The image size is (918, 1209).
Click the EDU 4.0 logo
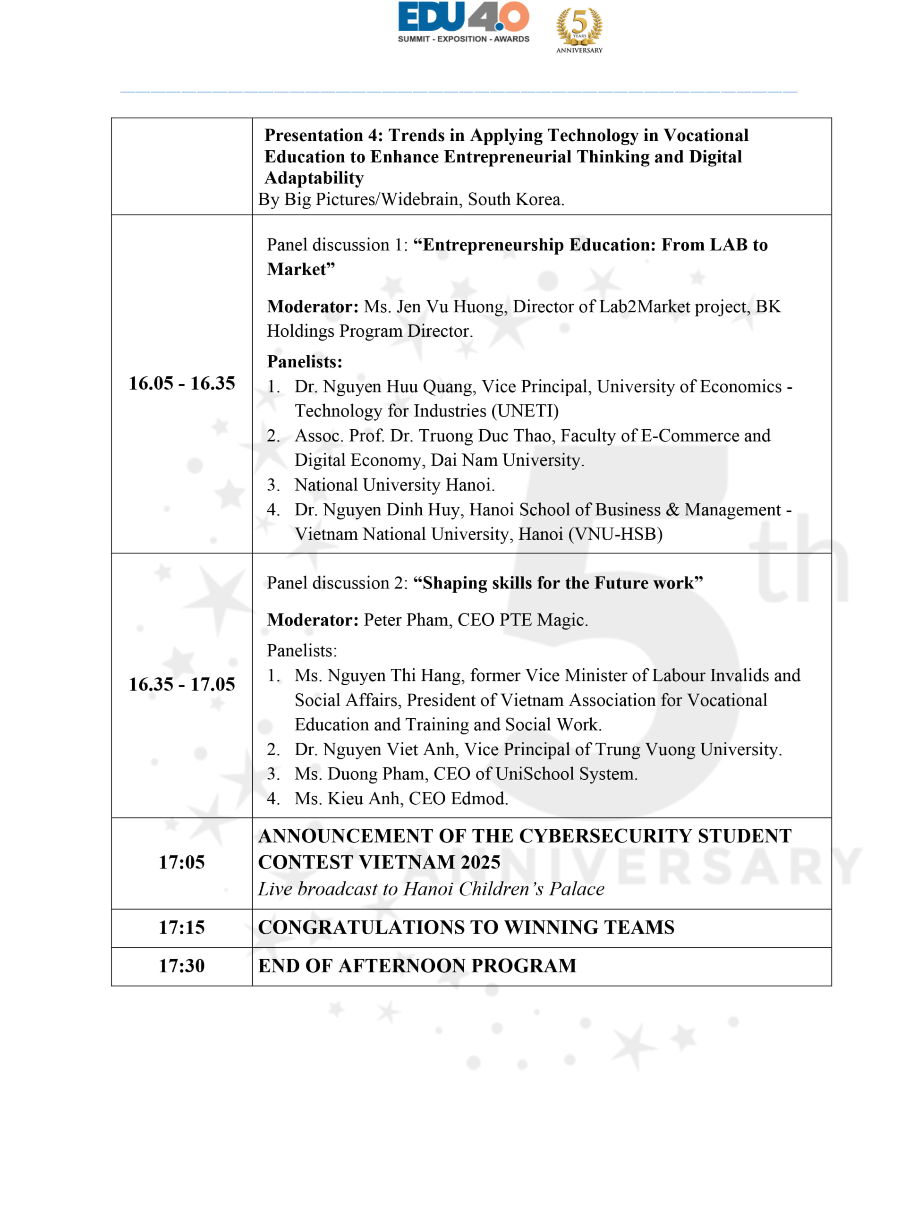pyautogui.click(x=463, y=22)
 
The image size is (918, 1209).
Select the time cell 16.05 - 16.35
pyautogui.click(x=181, y=383)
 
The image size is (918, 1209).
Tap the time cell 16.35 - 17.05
pyautogui.click(x=181, y=684)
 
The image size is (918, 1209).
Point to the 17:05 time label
pyautogui.click(x=181, y=862)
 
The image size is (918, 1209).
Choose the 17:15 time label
pyautogui.click(x=181, y=928)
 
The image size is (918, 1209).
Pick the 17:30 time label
pyautogui.click(x=181, y=966)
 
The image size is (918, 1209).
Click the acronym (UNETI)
pyautogui.click(x=525, y=411)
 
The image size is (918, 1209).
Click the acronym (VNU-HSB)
pyautogui.click(x=615, y=534)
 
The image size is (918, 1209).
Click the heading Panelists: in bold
pyautogui.click(x=305, y=362)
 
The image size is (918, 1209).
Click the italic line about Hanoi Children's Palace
pyautogui.click(x=431, y=889)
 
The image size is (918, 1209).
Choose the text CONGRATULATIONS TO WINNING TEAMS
pyautogui.click(x=466, y=928)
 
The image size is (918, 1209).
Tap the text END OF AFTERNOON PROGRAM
pyautogui.click(x=417, y=966)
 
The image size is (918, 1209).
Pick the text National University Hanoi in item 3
pyautogui.click(x=394, y=485)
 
